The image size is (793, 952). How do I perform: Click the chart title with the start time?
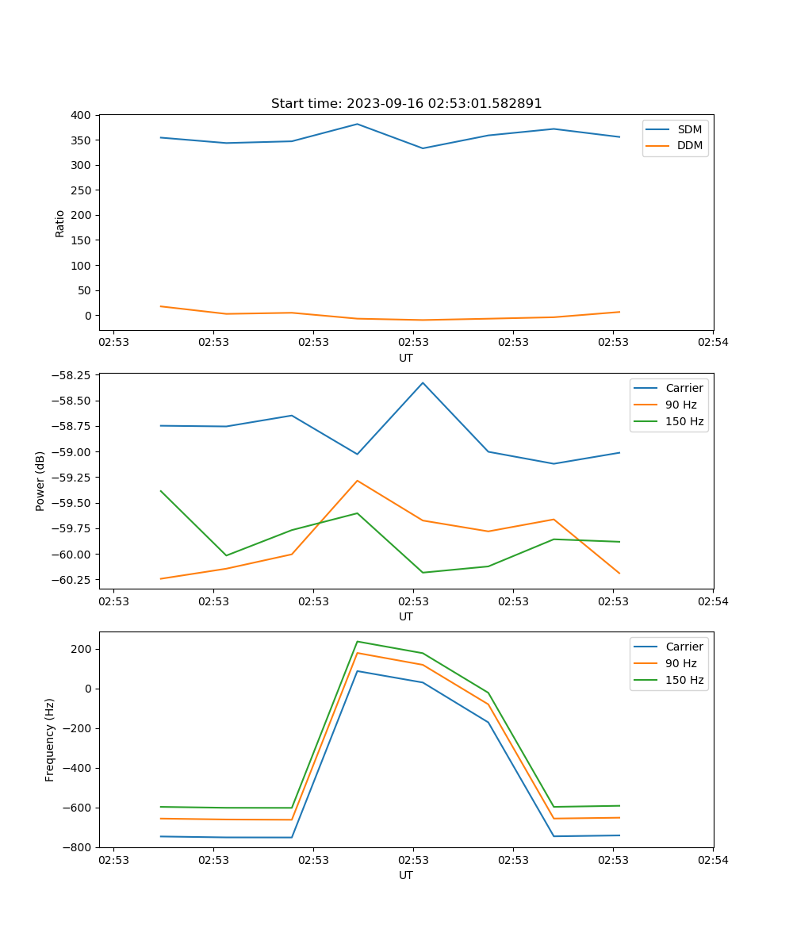pos(406,104)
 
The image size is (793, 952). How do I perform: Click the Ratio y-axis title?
pos(60,223)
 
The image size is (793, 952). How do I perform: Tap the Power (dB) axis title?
pos(40,482)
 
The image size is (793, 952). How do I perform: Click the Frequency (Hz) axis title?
pos(50,739)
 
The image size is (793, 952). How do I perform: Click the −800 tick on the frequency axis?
pos(79,847)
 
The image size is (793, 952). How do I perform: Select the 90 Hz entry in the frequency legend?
pos(681,663)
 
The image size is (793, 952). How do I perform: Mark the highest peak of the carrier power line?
pos(423,382)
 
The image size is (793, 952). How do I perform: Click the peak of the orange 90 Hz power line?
pos(357,481)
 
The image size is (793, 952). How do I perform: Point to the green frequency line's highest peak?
pos(357,641)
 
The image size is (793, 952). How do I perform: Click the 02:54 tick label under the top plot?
pos(713,343)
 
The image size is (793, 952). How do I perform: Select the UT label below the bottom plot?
pos(406,875)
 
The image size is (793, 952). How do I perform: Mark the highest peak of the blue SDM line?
pos(357,124)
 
